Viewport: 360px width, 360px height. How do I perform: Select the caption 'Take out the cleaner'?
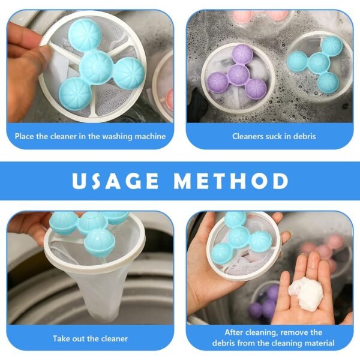pyautogui.click(x=90, y=338)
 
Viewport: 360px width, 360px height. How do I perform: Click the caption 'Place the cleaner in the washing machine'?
pyautogui.click(x=90, y=136)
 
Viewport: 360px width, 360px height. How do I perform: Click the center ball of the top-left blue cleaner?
pyautogui.click(x=97, y=66)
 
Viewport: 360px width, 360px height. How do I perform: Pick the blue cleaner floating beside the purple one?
pyautogui.click(x=316, y=62)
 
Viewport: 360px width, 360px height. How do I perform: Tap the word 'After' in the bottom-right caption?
pyautogui.click(x=236, y=332)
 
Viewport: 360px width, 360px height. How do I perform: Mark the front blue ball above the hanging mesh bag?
pyautogui.click(x=100, y=242)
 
